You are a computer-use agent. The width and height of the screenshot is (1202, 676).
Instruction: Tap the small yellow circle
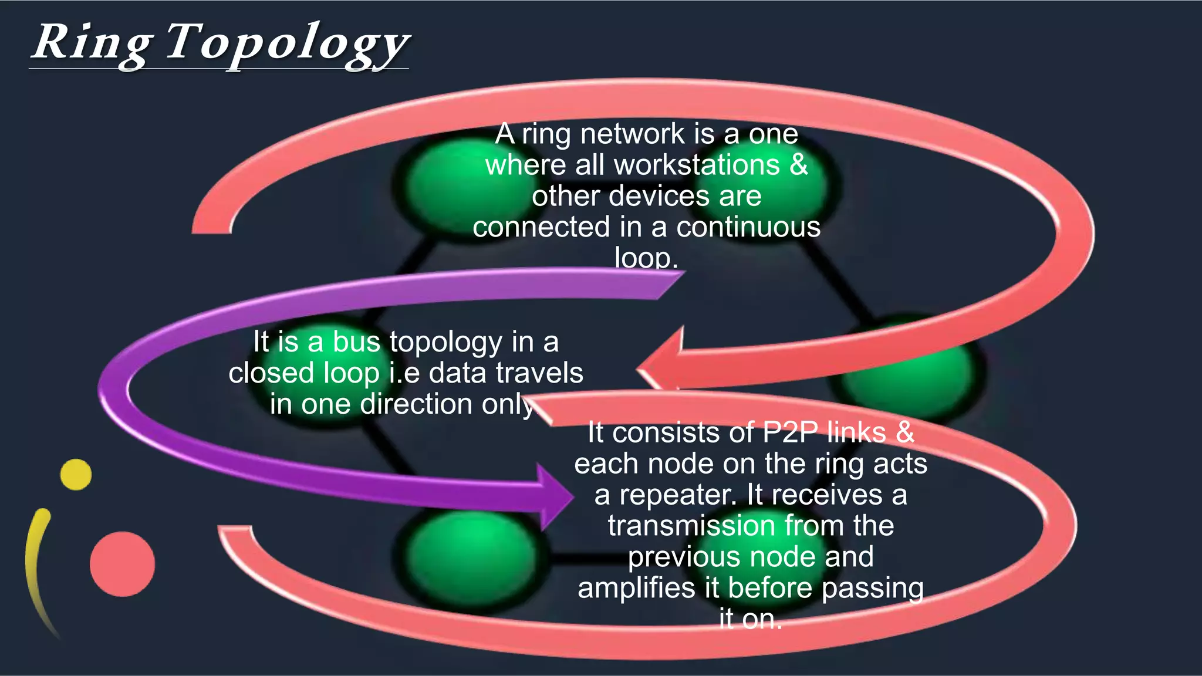click(x=76, y=475)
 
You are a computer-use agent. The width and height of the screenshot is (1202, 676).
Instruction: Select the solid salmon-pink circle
click(x=122, y=564)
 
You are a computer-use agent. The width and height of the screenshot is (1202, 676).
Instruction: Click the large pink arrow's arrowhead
click(x=660, y=367)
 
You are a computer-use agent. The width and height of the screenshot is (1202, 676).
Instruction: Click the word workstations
click(x=697, y=165)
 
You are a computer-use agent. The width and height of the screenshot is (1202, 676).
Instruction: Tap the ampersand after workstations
click(x=799, y=165)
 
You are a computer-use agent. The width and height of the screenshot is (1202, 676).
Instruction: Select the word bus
click(x=357, y=342)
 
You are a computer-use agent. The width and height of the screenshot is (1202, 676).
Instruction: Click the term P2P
click(x=790, y=432)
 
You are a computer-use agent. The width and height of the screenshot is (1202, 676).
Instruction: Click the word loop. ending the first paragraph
click(x=646, y=258)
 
